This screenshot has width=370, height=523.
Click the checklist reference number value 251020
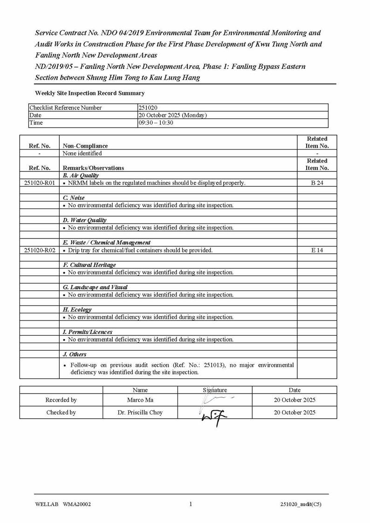click(149, 108)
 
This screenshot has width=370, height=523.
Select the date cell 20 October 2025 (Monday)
click(172, 115)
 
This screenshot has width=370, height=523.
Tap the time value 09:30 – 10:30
click(156, 122)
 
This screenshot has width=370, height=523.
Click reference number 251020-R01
click(39, 183)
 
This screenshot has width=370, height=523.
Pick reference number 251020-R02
click(39, 250)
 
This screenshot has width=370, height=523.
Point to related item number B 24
click(317, 183)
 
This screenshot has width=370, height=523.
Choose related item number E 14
click(317, 250)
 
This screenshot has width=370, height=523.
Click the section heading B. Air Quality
click(81, 176)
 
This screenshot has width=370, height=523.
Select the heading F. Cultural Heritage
click(89, 265)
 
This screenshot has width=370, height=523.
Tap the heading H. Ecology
click(77, 310)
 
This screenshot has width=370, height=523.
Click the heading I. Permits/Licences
click(88, 332)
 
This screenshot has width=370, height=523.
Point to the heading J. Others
click(75, 354)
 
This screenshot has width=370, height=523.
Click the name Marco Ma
click(140, 400)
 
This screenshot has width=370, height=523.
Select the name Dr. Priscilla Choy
click(140, 413)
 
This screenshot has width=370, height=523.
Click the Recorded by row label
click(61, 400)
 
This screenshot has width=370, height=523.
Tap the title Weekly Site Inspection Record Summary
click(90, 93)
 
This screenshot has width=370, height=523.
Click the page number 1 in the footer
click(191, 503)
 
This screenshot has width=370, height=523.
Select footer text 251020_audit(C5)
click(300, 504)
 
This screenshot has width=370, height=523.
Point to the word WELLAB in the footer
click(46, 504)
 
